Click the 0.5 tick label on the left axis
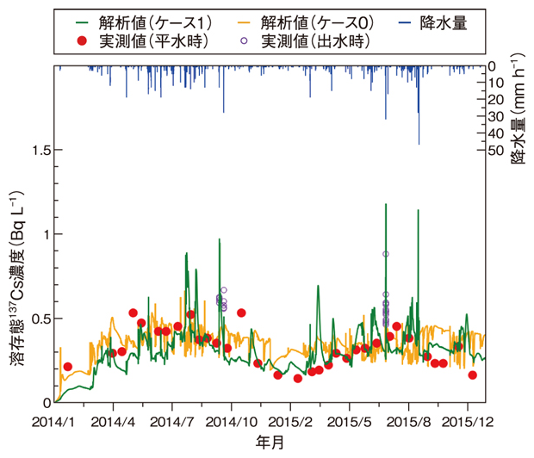click(x=37, y=319)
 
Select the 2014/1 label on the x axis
click(x=53, y=422)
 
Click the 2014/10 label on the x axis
click(x=233, y=422)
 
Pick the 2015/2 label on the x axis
click(x=291, y=422)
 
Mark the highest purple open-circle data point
click(x=386, y=254)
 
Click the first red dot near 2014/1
click(x=68, y=367)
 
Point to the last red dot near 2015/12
click(x=473, y=374)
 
